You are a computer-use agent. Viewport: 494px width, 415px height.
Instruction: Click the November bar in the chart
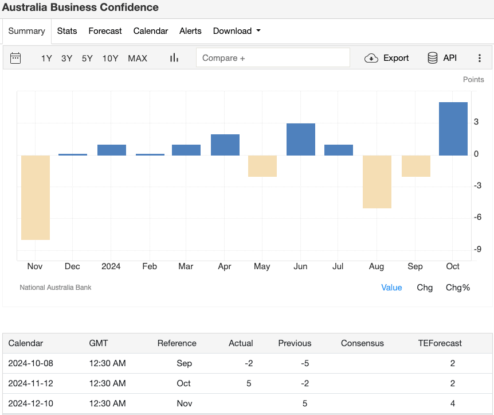[36, 197]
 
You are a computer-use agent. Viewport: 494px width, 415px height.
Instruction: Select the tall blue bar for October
[453, 129]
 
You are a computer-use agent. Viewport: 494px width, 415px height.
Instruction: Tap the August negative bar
[377, 181]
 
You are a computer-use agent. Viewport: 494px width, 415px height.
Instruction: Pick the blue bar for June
[301, 139]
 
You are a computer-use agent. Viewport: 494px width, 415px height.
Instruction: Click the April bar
[225, 145]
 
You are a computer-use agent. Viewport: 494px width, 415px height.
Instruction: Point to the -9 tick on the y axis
[477, 249]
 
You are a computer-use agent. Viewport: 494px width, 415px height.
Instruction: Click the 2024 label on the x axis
[111, 266]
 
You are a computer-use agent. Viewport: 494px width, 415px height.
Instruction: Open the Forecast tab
[105, 31]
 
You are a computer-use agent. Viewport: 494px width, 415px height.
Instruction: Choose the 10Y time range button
[110, 58]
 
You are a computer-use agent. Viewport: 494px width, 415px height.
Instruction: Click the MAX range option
[138, 58]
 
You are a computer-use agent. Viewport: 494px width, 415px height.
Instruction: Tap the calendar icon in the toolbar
[15, 58]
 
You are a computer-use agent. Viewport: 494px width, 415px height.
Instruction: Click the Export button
[387, 58]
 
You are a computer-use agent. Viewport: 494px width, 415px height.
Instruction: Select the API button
[442, 58]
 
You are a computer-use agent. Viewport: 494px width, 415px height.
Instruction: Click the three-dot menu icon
[480, 58]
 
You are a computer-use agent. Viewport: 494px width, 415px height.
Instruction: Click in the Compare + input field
[272, 58]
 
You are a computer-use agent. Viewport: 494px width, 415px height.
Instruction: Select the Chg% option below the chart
[458, 288]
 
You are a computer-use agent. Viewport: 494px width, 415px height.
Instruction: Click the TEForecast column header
[440, 343]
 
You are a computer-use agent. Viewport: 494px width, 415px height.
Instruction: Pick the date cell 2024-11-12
[30, 383]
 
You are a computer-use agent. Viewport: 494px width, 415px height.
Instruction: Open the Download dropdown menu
[237, 31]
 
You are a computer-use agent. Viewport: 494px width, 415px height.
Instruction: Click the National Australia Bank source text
[56, 288]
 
